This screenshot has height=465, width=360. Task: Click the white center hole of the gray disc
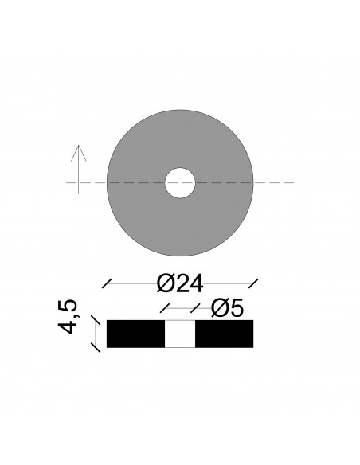click(180, 183)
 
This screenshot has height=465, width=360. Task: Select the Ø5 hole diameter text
click(226, 308)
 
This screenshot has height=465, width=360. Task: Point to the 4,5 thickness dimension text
click(72, 316)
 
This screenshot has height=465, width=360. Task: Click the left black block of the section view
click(135, 334)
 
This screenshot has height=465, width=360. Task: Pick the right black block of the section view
click(224, 334)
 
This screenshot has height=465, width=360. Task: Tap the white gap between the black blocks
click(180, 334)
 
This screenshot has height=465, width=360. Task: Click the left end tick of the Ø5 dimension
click(166, 307)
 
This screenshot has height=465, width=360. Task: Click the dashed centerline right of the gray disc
click(275, 183)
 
